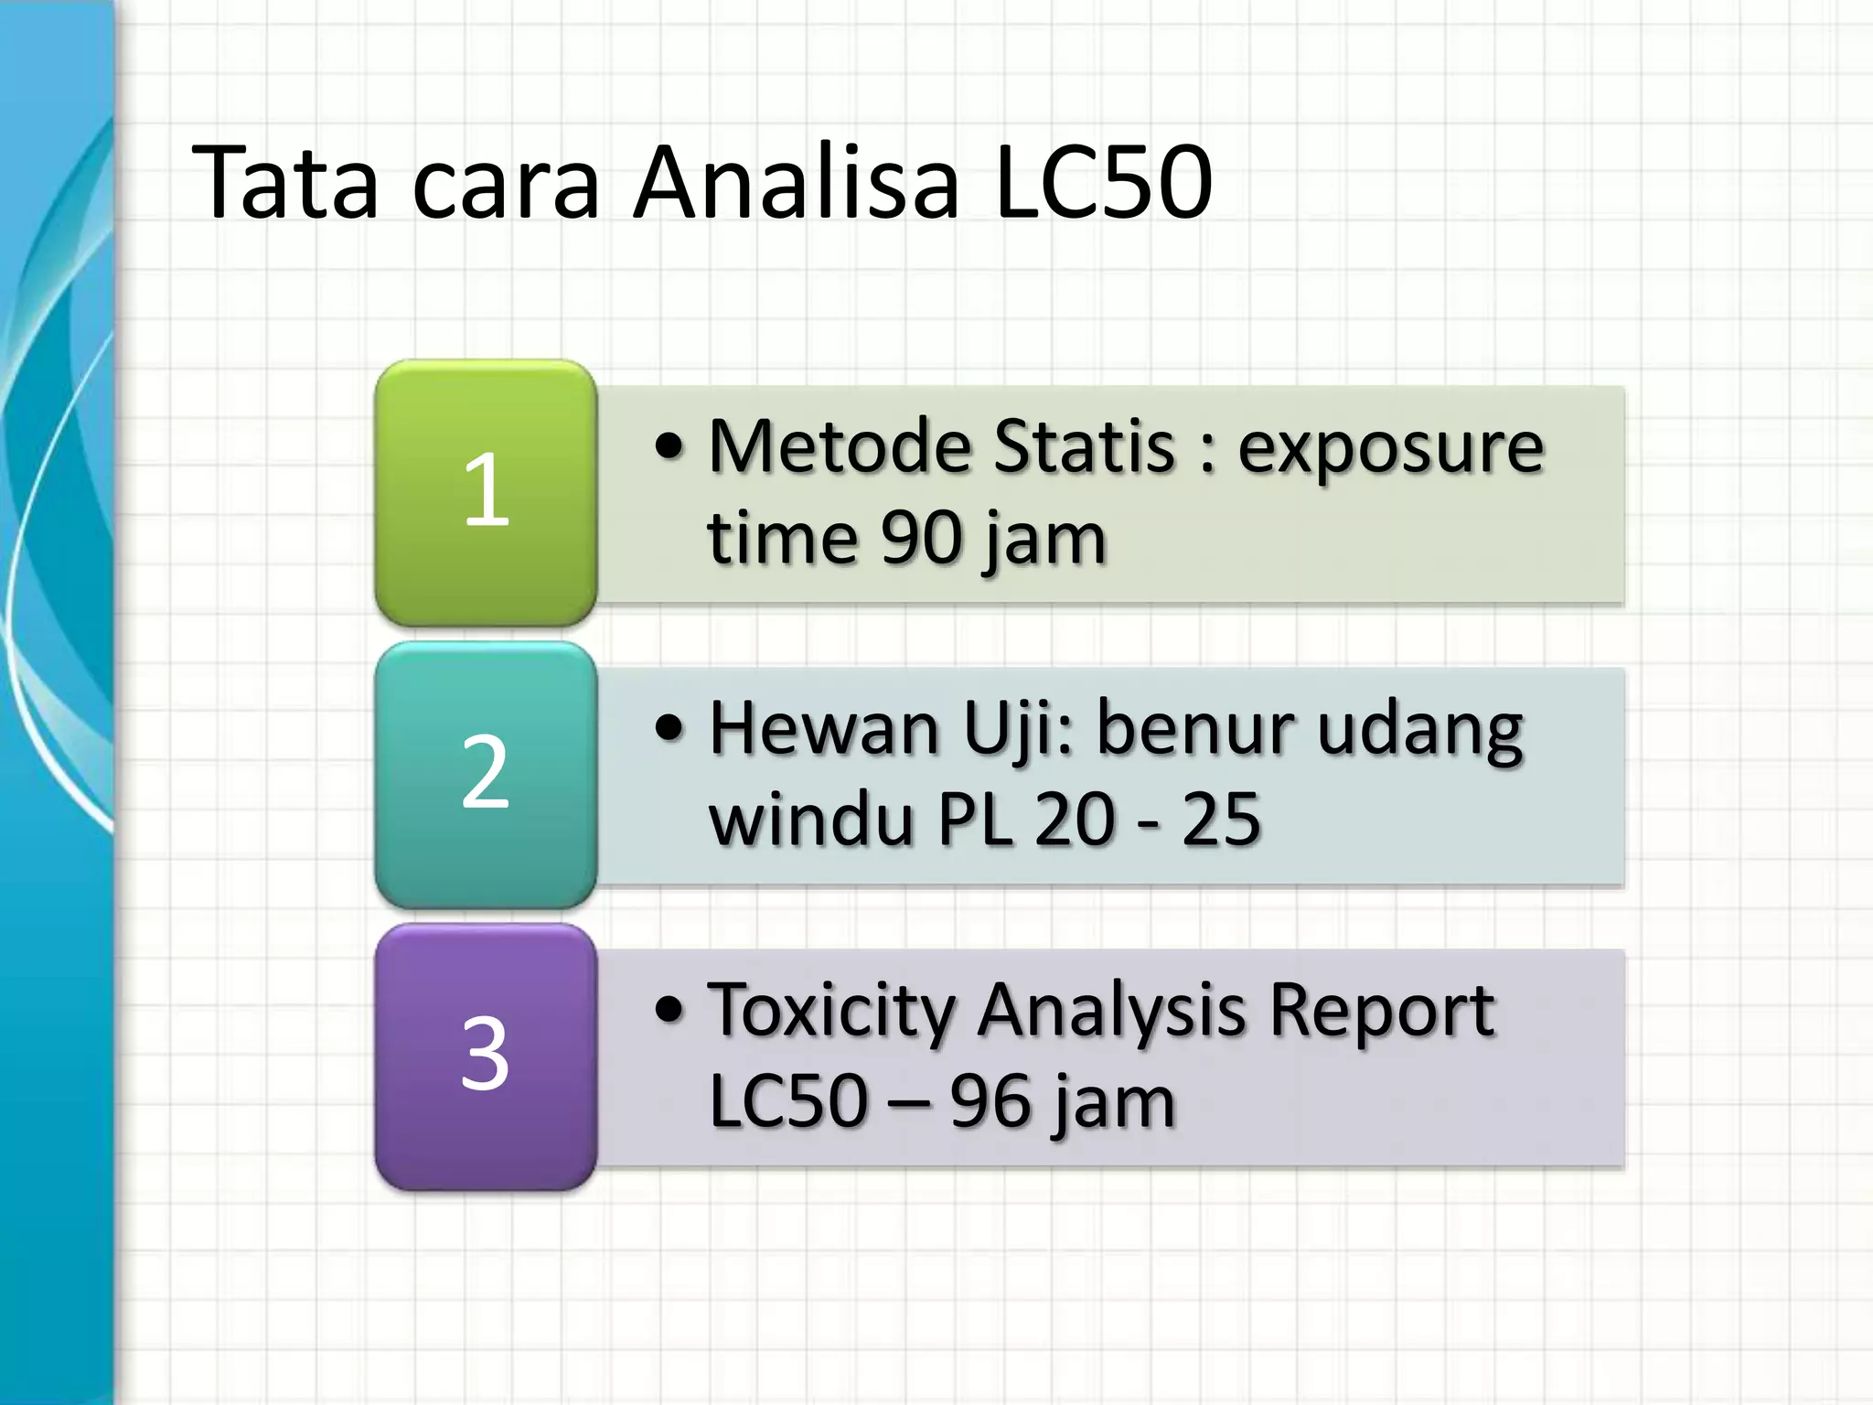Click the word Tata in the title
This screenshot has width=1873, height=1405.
click(x=285, y=182)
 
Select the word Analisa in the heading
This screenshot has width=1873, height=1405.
click(x=797, y=182)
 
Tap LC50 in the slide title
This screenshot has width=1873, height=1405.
click(x=1104, y=182)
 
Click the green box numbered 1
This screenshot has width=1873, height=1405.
click(x=486, y=492)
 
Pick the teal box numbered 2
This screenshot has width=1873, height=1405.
click(x=486, y=774)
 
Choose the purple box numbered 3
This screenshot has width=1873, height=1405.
click(x=486, y=1056)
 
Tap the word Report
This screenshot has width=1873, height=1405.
click(x=1382, y=1013)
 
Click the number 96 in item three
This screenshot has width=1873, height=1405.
click(x=990, y=1101)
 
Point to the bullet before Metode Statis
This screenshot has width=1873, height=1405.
click(x=669, y=446)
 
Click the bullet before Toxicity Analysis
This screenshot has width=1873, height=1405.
click(x=669, y=1010)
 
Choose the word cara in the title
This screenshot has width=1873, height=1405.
click(x=506, y=182)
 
